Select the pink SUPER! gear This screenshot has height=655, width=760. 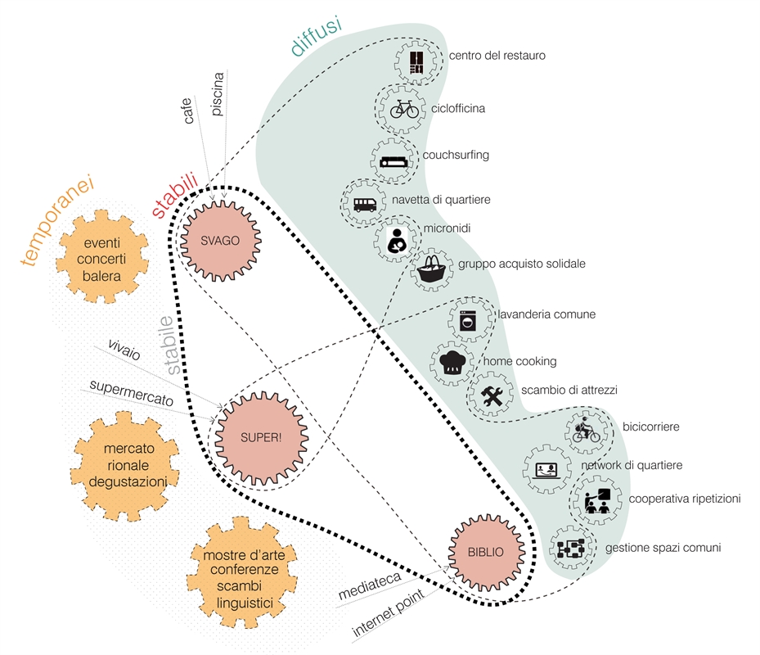(x=261, y=436)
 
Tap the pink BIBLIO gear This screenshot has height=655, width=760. (x=486, y=550)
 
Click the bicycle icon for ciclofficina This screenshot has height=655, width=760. (x=404, y=108)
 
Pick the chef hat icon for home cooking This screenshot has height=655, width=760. (x=452, y=364)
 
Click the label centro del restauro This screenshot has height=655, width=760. (x=497, y=56)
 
